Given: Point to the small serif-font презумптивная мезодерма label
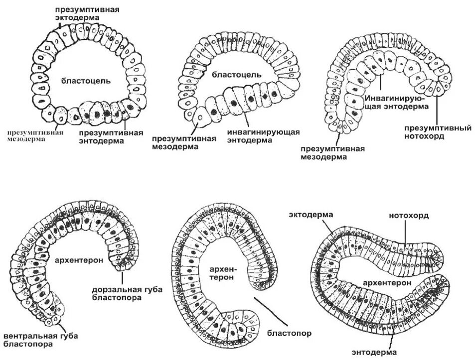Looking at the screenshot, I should (x=35, y=136).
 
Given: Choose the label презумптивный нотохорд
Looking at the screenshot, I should (x=438, y=131).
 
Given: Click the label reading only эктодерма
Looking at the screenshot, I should (x=311, y=214).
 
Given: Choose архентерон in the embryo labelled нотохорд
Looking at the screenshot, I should (x=387, y=282).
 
